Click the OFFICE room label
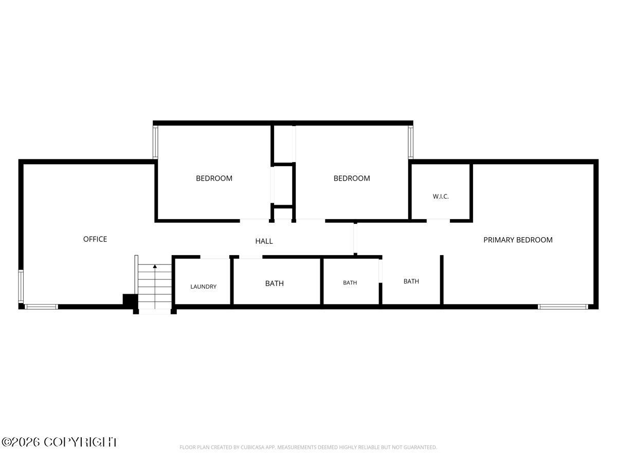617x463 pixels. pos(95,239)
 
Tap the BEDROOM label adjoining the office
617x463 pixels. pos(214,179)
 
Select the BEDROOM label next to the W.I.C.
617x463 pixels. pos(352,179)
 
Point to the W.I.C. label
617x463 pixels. pos(441,197)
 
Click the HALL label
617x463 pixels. pos(264,241)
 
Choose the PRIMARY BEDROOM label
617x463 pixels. pos(518,240)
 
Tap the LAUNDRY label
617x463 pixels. pos(204,287)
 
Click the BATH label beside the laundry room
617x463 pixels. pos(275,283)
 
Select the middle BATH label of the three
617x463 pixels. pos(350,283)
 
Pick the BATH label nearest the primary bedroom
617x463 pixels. pos(411,281)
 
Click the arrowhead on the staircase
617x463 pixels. pos(155,266)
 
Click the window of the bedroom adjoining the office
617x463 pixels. pos(155,143)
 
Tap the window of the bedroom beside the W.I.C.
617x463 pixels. pos(411,143)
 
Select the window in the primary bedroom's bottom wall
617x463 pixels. pos(562,307)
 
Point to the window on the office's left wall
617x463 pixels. pos(21,287)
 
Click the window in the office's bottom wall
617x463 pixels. pos(41,307)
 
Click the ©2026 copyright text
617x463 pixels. pos(60,442)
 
